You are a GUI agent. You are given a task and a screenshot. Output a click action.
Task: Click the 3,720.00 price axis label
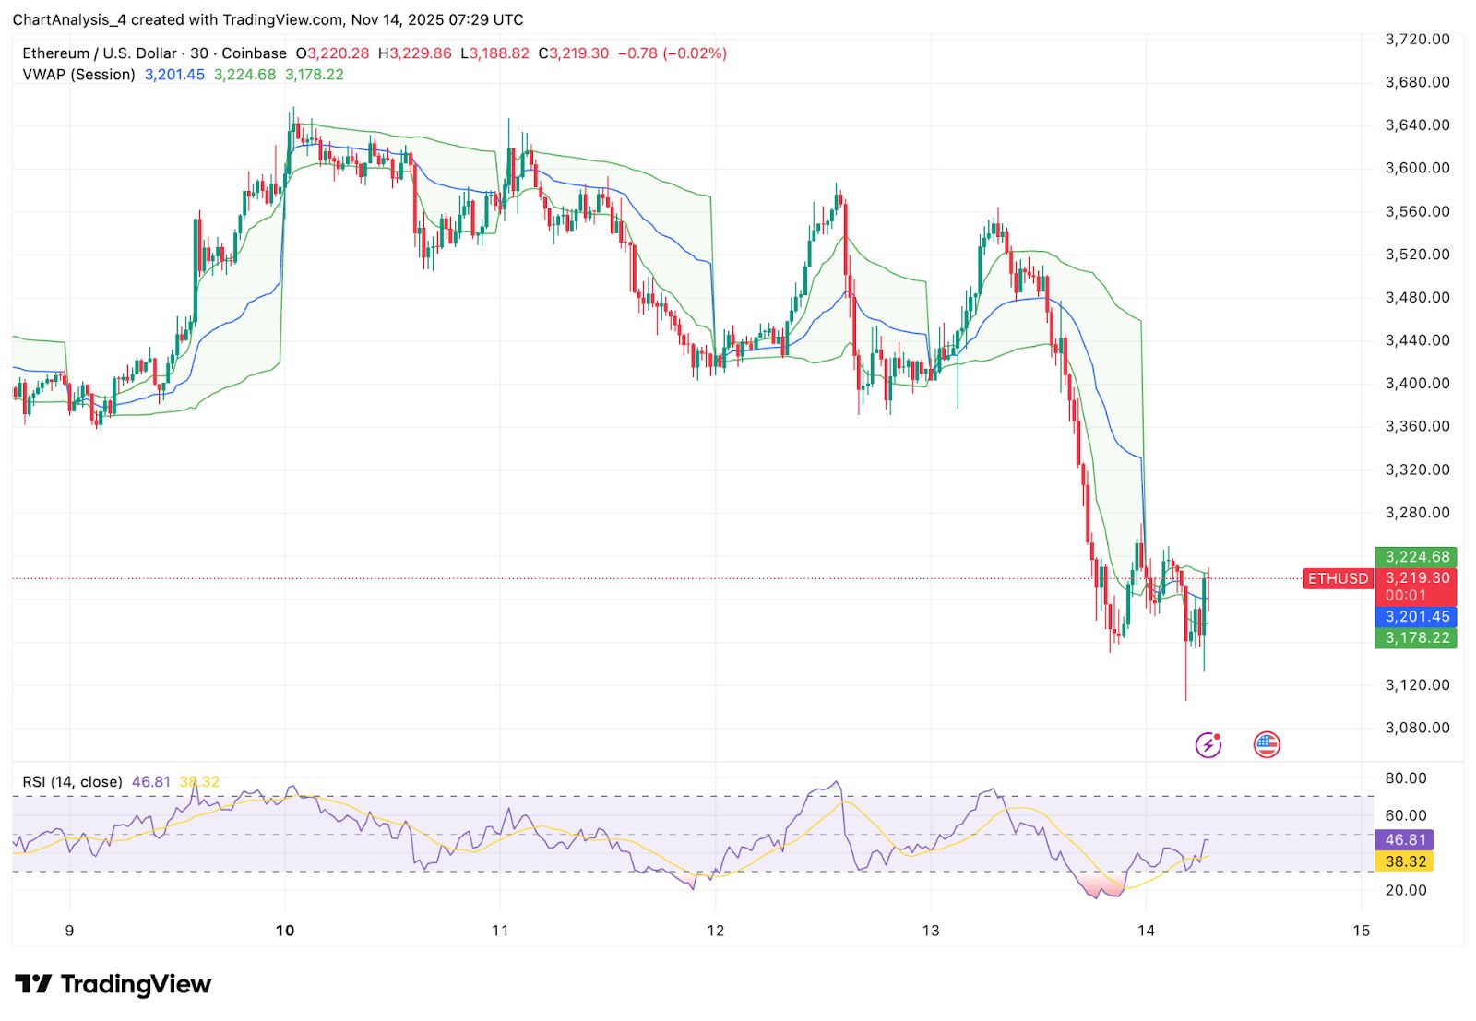pyautogui.click(x=1417, y=39)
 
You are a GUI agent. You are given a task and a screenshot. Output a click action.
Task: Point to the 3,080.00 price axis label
pyautogui.click(x=1417, y=728)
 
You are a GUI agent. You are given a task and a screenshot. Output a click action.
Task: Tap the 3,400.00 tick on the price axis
pyautogui.click(x=1417, y=383)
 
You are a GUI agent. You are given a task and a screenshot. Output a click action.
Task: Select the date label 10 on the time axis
pyautogui.click(x=285, y=930)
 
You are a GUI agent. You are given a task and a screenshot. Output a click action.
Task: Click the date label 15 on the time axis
pyautogui.click(x=1361, y=930)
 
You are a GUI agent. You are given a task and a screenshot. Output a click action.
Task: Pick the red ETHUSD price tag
pyautogui.click(x=1338, y=578)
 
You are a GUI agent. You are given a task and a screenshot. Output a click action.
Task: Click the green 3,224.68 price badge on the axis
pyautogui.click(x=1417, y=557)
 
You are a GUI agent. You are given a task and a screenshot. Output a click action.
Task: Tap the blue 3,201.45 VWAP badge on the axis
pyautogui.click(x=1417, y=616)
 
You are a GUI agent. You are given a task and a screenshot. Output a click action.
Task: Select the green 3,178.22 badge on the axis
pyautogui.click(x=1417, y=637)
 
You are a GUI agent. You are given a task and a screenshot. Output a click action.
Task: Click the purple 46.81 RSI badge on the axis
pyautogui.click(x=1405, y=839)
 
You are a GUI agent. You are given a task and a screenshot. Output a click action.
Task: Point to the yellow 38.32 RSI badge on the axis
pyautogui.click(x=1405, y=861)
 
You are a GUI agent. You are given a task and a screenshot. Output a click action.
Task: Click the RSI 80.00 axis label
pyautogui.click(x=1406, y=778)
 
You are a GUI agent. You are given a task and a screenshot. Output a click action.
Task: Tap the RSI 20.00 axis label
pyautogui.click(x=1406, y=890)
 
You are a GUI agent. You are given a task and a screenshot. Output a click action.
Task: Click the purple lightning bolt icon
pyautogui.click(x=1208, y=744)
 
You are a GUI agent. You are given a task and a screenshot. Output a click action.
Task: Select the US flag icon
pyautogui.click(x=1267, y=744)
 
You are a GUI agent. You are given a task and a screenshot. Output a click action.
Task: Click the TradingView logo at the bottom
pyautogui.click(x=113, y=984)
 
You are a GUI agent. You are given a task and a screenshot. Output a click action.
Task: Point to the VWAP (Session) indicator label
pyautogui.click(x=78, y=75)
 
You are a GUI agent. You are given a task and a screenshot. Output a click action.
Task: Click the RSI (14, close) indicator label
pyautogui.click(x=72, y=782)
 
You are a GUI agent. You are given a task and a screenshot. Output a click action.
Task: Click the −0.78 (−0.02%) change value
pyautogui.click(x=672, y=53)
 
